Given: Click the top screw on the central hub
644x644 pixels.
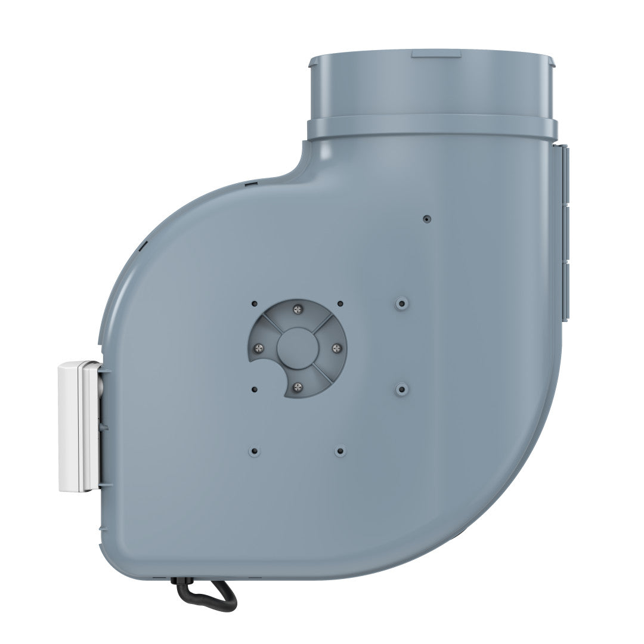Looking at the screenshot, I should click(298, 308).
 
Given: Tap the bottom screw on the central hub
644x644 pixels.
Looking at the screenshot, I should click(298, 388).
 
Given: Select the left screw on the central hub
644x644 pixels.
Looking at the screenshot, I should click(258, 348).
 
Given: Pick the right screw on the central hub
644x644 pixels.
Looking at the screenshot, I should click(337, 348).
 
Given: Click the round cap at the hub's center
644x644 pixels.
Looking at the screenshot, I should click(298, 348).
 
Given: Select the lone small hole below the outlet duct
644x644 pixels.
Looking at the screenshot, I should click(426, 219).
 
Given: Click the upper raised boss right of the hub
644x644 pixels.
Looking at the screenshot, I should click(401, 304).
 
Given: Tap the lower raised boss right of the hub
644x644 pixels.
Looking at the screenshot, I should click(401, 389).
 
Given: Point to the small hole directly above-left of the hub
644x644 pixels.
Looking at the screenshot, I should click(255, 304).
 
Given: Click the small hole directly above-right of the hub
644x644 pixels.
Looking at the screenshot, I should click(340, 304).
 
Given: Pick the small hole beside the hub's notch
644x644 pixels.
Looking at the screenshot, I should click(255, 389).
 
